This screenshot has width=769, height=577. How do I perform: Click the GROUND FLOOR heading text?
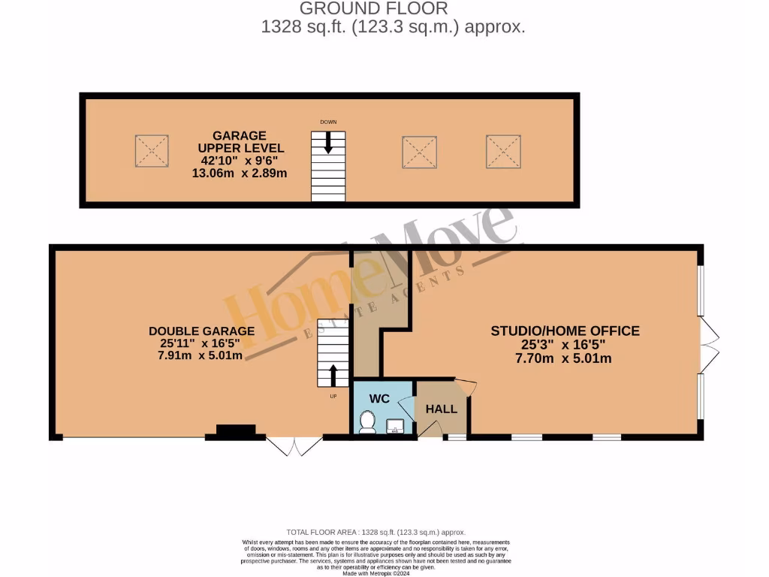coord(373,9)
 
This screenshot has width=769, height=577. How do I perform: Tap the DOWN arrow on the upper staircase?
coord(328,141)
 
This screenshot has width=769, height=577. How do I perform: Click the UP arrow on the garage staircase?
coord(333,375)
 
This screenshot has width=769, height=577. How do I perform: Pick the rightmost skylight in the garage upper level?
coord(503,151)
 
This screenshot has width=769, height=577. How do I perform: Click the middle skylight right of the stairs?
coord(419,152)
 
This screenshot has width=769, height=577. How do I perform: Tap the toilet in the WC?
coord(367,422)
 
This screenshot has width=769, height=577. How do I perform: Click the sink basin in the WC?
coord(395,427)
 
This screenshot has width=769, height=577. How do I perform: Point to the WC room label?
coord(380,398)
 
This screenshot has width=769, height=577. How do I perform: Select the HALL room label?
coord(441,409)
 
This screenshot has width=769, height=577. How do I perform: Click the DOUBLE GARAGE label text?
coord(201,331)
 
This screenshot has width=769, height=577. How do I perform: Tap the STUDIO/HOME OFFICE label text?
coord(565,331)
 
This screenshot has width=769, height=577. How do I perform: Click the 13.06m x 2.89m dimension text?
coord(239,173)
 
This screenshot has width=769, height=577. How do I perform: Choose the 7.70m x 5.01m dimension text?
coord(565,358)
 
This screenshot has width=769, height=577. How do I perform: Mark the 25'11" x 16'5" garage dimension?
coord(201,343)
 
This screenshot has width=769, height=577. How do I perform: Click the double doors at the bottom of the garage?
coord(295,446)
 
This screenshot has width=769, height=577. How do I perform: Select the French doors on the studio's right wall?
coord(709,345)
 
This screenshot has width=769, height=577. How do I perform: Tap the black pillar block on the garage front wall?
coord(235,431)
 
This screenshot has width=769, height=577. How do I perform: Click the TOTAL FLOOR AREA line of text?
coord(376,532)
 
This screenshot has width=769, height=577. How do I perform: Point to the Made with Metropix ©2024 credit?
coord(376,572)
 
